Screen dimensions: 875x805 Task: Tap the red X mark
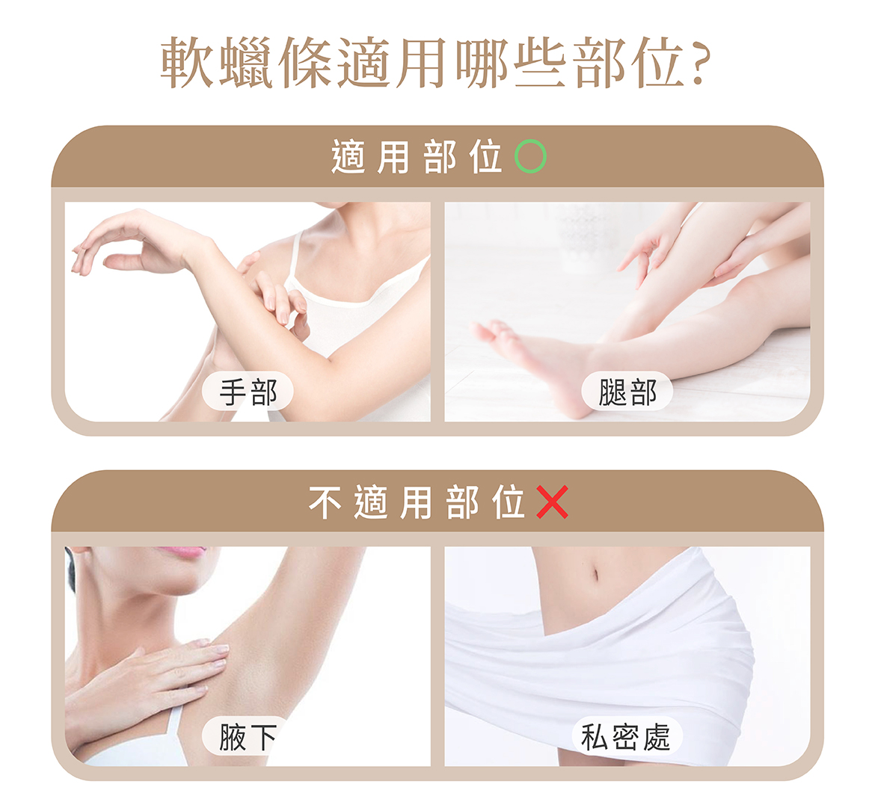click(x=552, y=502)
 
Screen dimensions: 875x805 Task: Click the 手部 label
click(x=248, y=392)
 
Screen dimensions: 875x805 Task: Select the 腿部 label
click(x=627, y=392)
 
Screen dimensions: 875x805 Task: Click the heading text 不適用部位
click(x=417, y=502)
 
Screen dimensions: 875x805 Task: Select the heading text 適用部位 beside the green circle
click(x=417, y=157)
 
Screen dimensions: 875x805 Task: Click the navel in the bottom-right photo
click(x=595, y=573)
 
